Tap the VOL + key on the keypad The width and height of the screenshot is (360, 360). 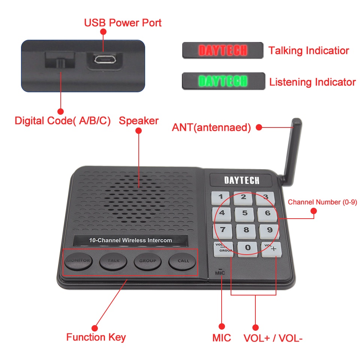pos(271,249)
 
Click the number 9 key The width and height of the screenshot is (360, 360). pos(269,230)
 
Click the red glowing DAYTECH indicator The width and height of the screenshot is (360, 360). pos(223,50)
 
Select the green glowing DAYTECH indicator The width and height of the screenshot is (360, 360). pos(223,81)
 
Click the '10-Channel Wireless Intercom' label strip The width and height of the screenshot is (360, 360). pos(130,240)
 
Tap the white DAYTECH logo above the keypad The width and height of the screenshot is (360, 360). pos(241,180)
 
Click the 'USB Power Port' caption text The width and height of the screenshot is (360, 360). pos(123,23)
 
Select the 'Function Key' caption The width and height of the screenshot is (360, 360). pos(96,337)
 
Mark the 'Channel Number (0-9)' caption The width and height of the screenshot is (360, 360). pos(322,202)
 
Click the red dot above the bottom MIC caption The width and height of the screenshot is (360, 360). pos(222,327)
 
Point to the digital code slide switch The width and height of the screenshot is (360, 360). pos(60,60)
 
